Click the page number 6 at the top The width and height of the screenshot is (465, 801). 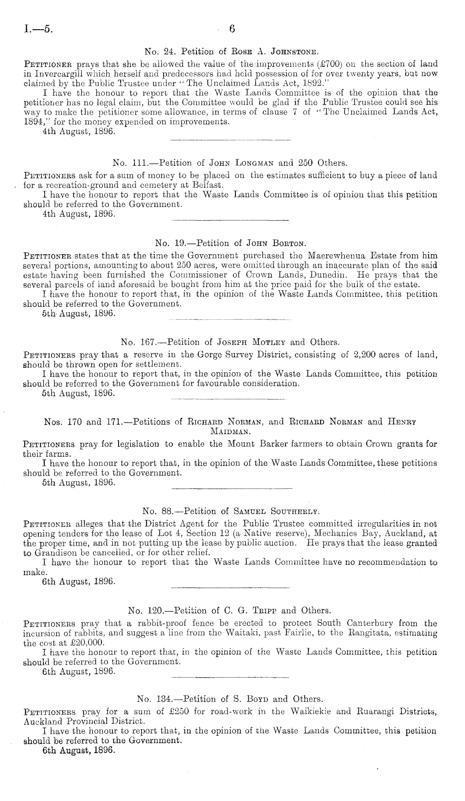point(232,29)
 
